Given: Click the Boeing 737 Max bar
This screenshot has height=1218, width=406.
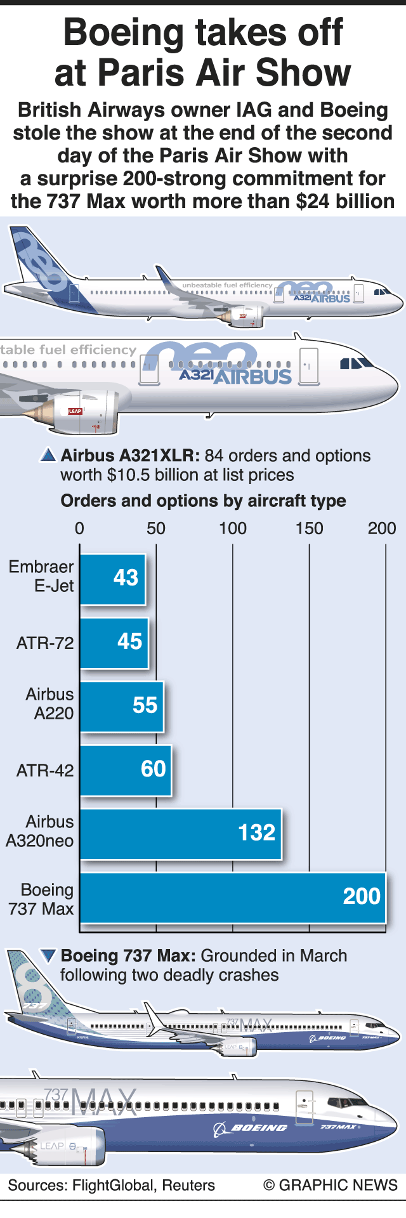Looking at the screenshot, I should click(x=232, y=897).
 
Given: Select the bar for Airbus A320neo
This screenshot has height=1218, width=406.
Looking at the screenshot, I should click(x=180, y=834).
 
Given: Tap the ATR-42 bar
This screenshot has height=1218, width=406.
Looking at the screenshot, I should click(x=125, y=770).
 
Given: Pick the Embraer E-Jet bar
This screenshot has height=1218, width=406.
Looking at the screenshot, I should click(x=112, y=579).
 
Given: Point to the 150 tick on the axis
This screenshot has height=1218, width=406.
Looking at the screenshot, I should click(x=309, y=528).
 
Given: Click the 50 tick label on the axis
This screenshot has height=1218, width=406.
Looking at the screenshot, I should click(x=156, y=528).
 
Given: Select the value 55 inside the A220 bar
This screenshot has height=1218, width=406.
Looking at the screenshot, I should click(x=145, y=705).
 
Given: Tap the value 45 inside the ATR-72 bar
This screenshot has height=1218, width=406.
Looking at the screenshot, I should click(x=129, y=641).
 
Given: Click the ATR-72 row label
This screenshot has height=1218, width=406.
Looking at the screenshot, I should click(x=45, y=643).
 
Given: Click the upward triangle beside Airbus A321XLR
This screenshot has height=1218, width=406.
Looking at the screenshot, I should click(x=48, y=455).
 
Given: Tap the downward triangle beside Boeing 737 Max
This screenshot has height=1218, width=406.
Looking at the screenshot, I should click(x=48, y=955).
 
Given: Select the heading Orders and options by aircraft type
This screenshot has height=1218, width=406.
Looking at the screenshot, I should click(x=203, y=501).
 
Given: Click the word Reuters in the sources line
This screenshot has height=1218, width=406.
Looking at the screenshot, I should click(x=188, y=1185).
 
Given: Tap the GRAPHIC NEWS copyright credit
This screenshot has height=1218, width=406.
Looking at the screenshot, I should click(x=331, y=1185).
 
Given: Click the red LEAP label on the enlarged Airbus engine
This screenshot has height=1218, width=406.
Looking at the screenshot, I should click(x=75, y=411).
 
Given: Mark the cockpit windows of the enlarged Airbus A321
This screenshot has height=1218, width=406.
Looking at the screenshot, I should click(x=355, y=363).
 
